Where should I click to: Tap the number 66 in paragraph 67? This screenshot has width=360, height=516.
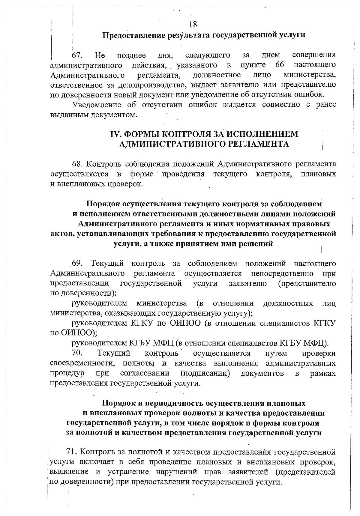tap(280, 65)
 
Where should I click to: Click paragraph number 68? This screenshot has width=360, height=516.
tap(78, 164)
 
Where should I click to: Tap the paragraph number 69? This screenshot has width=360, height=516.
tap(77, 264)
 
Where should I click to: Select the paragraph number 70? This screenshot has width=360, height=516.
tap(77, 353)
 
